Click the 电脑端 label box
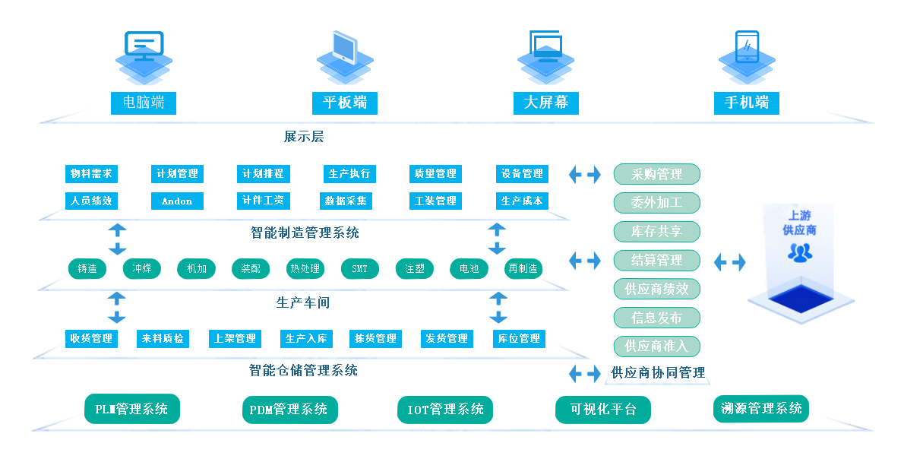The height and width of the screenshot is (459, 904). [x=144, y=103]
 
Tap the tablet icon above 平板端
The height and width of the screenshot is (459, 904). [x=344, y=47]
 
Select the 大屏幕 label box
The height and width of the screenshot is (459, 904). [x=546, y=103]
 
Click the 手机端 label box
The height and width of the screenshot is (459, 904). [x=747, y=103]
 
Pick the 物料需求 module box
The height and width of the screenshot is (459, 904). [x=91, y=174]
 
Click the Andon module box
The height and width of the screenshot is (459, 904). [x=177, y=201]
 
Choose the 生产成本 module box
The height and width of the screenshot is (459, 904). [x=522, y=201]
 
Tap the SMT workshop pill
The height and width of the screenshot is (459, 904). [x=359, y=269]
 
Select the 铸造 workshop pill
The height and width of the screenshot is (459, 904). [x=87, y=269]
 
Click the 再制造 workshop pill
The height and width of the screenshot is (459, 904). [x=523, y=269]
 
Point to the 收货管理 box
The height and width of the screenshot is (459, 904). [x=91, y=338]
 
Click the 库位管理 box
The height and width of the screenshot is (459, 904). [x=519, y=338]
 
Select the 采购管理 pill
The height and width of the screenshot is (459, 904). [x=656, y=174]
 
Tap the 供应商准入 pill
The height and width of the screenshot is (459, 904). [x=656, y=346]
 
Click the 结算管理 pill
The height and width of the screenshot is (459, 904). [x=656, y=260]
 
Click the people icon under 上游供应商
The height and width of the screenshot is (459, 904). [x=799, y=252]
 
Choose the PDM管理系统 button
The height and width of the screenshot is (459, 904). [x=289, y=410]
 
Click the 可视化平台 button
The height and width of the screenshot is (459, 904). [x=603, y=410]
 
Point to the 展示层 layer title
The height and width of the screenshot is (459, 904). [x=304, y=137]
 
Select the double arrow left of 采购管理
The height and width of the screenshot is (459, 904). [x=584, y=174]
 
